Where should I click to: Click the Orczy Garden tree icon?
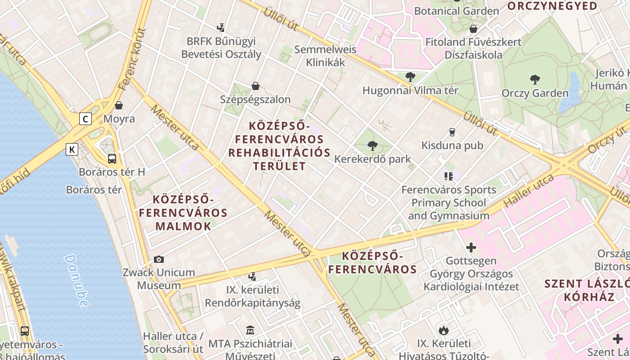pos(535,80)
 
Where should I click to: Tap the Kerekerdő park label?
pos(373,159)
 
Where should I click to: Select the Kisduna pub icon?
pos(452,132)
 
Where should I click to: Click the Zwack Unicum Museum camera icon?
pos(158,259)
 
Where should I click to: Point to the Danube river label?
pos(76,280)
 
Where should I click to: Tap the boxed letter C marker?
pos(85,119)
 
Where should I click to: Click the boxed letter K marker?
pos(72,149)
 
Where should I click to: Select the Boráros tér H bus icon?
pos(112,158)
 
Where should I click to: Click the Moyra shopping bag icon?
pos(119,105)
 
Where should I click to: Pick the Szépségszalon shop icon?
pos(256,86)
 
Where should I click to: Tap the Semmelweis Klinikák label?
pos(325,56)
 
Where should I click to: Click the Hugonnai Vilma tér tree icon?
pos(410,77)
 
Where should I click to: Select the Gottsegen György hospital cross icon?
pos(471,247)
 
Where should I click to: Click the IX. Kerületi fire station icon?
pos(444,330)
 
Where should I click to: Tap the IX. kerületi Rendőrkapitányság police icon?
pos(252,276)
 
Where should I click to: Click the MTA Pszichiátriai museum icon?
pos(250,330)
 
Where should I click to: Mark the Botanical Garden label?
pos(456,11)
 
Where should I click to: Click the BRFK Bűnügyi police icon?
pos(220,28)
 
